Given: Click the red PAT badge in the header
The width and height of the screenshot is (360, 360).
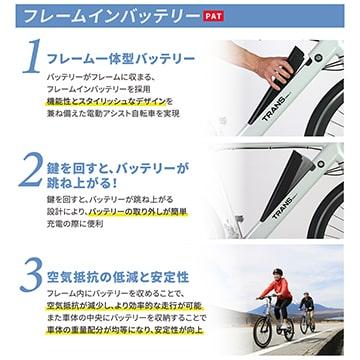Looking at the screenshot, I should click(212, 17).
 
